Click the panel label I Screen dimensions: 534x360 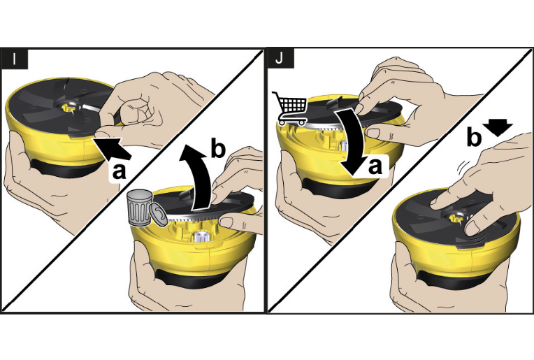[x=14, y=59]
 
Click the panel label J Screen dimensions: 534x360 [x=280, y=58]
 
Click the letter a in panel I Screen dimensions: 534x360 [x=119, y=171]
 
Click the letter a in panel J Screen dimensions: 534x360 [x=375, y=166]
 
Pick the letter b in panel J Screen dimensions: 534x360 [x=474, y=136]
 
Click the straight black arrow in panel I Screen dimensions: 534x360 [x=113, y=147]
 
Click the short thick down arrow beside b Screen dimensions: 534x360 [x=498, y=128]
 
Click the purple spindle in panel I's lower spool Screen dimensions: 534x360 [x=200, y=236]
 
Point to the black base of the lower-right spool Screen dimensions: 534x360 [x=453, y=279]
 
